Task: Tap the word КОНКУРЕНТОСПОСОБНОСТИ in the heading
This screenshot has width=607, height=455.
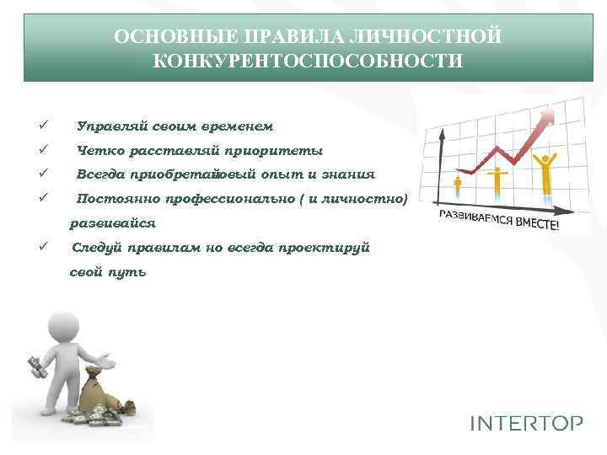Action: click(308, 61)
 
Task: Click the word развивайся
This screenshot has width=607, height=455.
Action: click(113, 224)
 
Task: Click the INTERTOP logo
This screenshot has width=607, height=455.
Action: click(526, 423)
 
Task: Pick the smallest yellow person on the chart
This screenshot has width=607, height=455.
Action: click(459, 188)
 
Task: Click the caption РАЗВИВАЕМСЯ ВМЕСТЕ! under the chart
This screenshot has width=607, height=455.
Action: click(497, 221)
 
